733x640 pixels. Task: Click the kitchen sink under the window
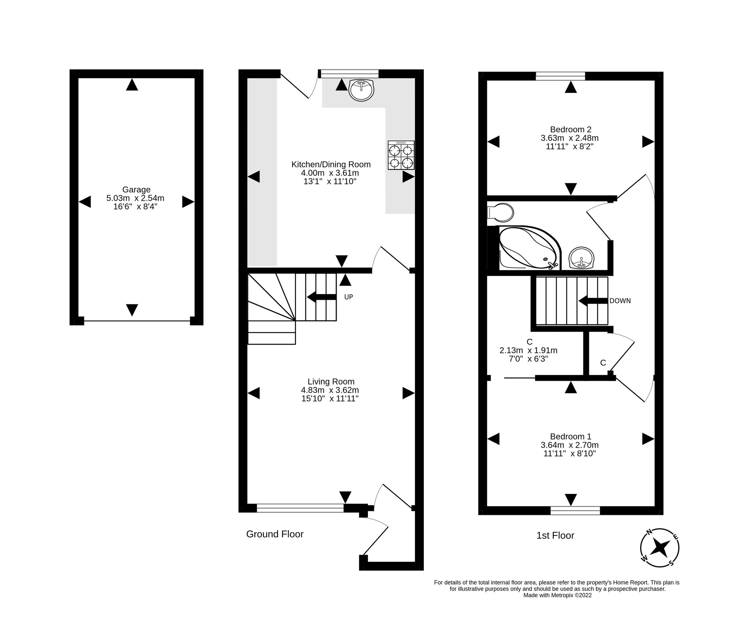click(361, 90)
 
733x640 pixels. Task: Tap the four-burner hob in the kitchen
click(401, 155)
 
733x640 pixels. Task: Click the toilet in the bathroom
click(501, 213)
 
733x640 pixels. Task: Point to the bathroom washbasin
click(581, 257)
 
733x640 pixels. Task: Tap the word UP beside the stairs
click(348, 297)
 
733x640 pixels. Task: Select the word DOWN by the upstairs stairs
click(620, 301)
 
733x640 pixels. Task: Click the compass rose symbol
click(659, 548)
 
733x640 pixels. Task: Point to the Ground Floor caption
click(274, 534)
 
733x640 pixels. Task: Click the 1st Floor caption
click(555, 535)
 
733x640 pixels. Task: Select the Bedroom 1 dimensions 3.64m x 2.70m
click(569, 445)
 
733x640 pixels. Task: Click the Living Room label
click(331, 382)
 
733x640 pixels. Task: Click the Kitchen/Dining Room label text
click(331, 164)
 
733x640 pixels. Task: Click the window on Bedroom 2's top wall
click(560, 76)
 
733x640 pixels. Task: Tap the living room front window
click(300, 508)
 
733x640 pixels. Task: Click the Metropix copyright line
click(557, 595)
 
